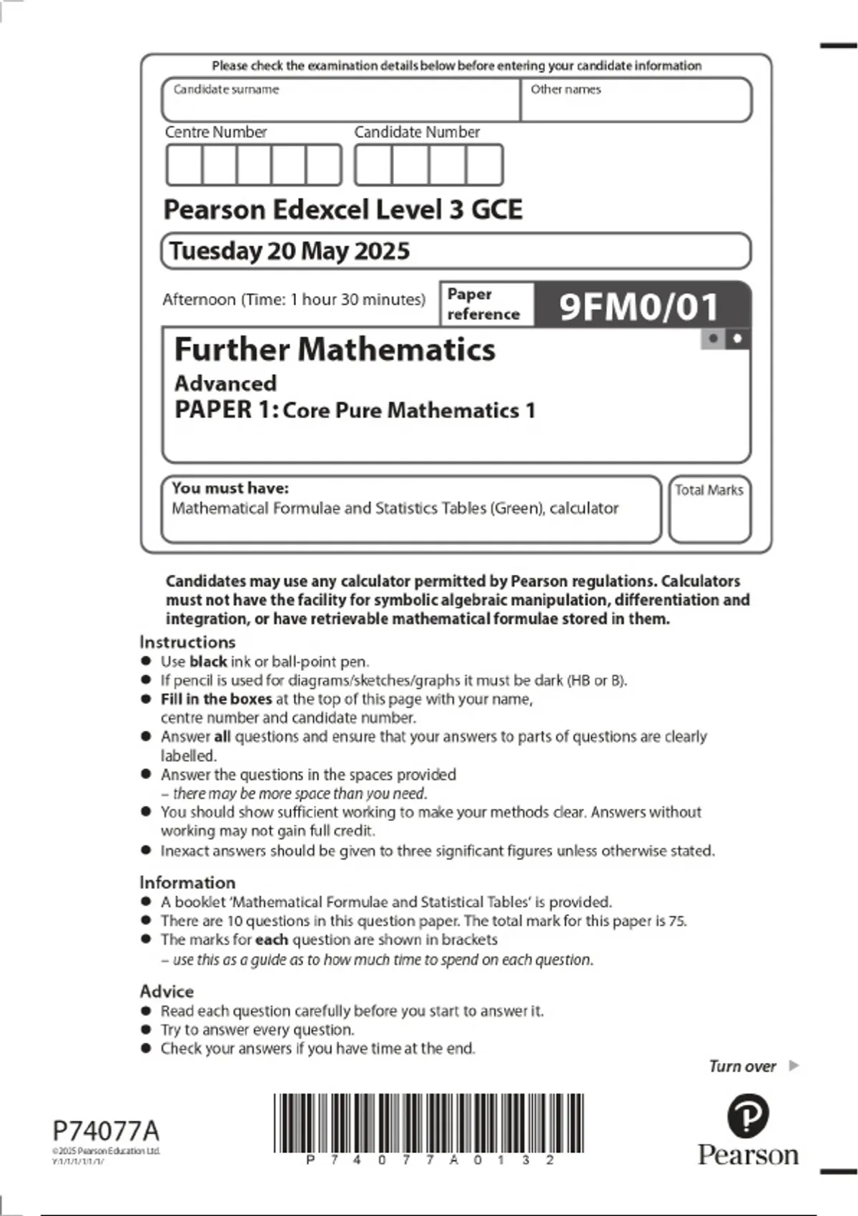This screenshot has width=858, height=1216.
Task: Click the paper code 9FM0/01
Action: point(638,307)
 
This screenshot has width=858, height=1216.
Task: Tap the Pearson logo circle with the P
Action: point(748,1115)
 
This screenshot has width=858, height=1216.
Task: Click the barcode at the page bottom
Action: point(428,1122)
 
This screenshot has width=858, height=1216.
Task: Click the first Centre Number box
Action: point(184,165)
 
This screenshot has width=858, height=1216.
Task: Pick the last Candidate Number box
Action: point(484,165)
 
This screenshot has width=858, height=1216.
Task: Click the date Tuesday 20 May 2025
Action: point(290,251)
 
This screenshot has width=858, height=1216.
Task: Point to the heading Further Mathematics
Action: point(335,350)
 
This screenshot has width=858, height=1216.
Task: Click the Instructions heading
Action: point(187,642)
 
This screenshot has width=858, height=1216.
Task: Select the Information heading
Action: point(187,882)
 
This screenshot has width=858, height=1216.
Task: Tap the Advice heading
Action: point(167,991)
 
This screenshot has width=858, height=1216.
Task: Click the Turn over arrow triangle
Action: point(793,1066)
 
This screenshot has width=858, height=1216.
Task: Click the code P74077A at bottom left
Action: point(106,1131)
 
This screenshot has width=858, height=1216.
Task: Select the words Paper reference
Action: point(483,304)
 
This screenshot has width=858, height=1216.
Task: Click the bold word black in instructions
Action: point(208,662)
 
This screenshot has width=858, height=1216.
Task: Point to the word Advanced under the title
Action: point(225,383)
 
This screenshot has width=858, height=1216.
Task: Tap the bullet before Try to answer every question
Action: point(147,1029)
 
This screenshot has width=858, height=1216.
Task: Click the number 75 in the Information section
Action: point(676,921)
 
